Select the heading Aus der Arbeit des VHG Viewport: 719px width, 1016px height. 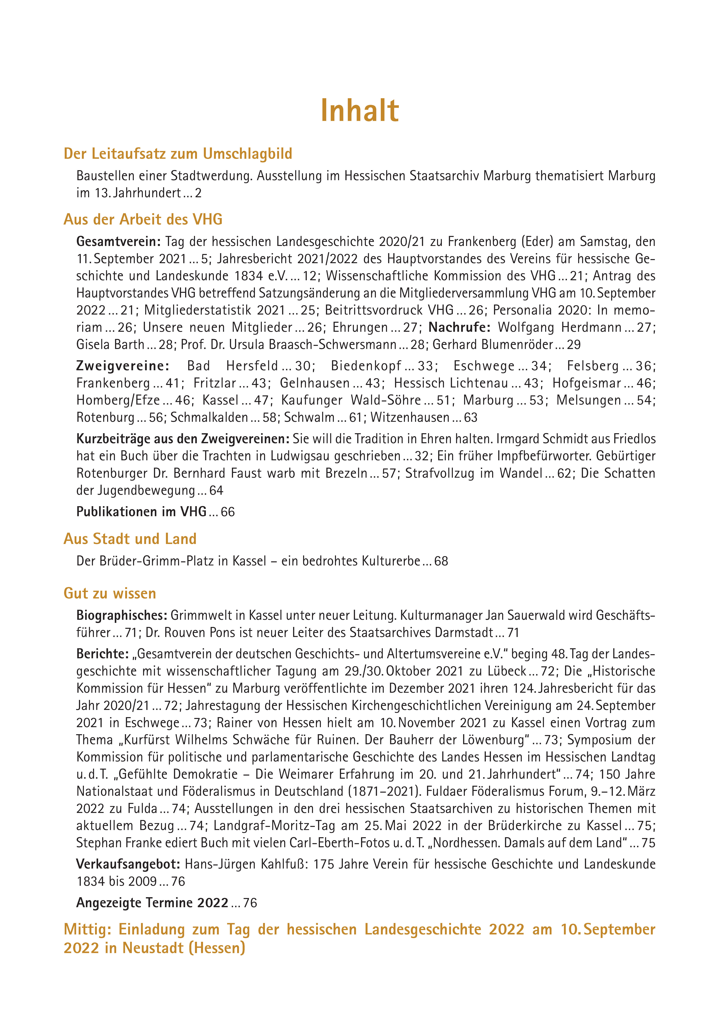(143, 219)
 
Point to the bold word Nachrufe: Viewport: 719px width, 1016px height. (460, 327)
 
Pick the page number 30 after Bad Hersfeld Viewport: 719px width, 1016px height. (303, 366)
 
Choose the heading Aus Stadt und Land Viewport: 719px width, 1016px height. (130, 539)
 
